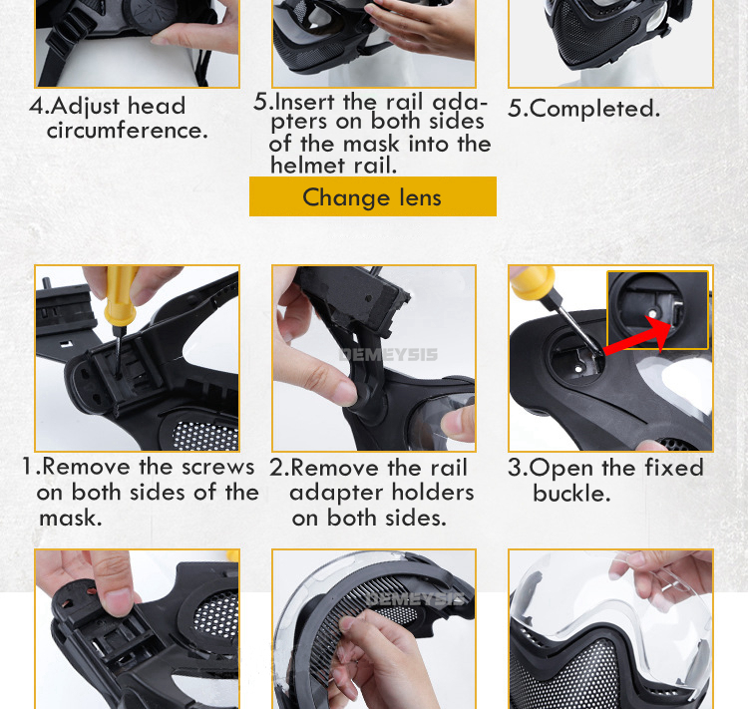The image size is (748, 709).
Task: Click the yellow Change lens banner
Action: [x=373, y=196]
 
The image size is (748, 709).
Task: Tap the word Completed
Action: [x=594, y=109]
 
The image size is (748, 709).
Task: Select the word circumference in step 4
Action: [x=128, y=131]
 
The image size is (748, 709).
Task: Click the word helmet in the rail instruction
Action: [x=308, y=166]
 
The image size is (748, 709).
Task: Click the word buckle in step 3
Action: [x=571, y=493]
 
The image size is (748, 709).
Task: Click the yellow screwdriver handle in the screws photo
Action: [x=120, y=296]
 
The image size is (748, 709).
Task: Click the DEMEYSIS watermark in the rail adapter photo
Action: [x=388, y=355]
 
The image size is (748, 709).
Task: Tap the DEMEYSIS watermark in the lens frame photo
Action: [x=416, y=599]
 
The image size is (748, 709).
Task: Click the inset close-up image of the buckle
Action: [x=657, y=310]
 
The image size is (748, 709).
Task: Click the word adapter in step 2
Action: [x=329, y=494]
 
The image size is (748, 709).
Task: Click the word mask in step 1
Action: [x=71, y=519]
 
